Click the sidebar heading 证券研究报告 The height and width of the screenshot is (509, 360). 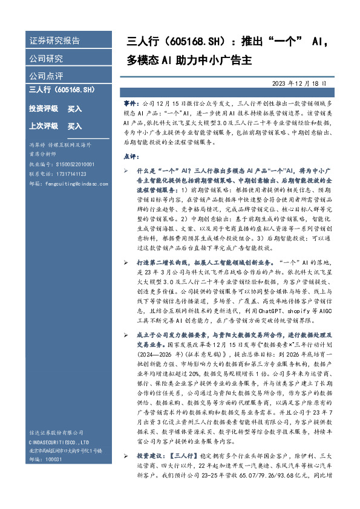click(x=54, y=41)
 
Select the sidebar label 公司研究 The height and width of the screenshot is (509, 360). click(x=46, y=59)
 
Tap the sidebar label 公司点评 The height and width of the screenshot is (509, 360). click(x=46, y=76)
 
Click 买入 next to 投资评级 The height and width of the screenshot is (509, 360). click(x=74, y=109)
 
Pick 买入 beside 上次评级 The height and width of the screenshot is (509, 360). click(x=74, y=126)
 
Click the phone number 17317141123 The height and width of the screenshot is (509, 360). click(x=67, y=172)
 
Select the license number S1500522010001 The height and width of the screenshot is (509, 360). click(x=68, y=164)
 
